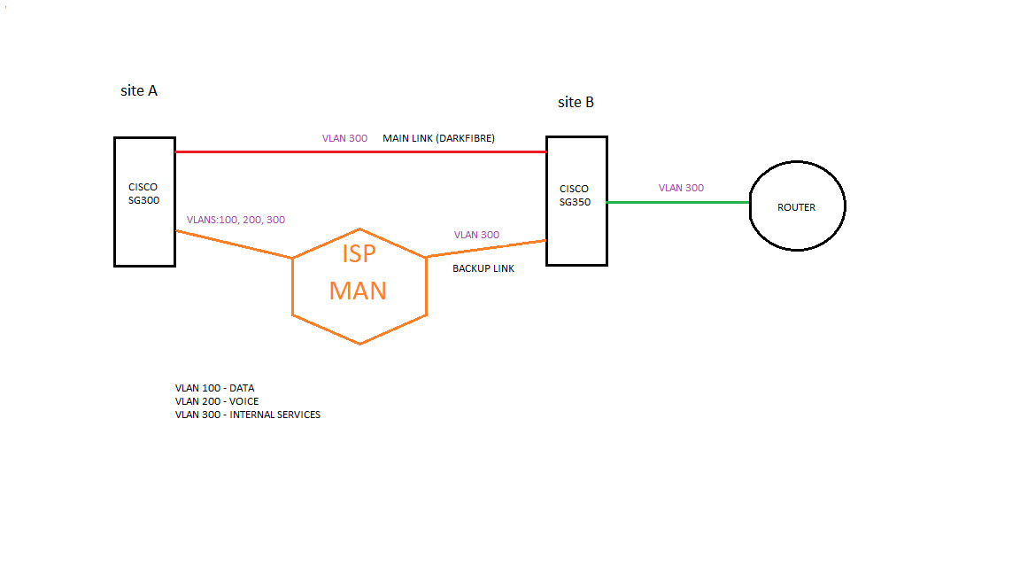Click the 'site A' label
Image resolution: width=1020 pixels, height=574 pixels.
(x=139, y=90)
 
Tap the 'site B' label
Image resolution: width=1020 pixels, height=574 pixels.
(x=576, y=102)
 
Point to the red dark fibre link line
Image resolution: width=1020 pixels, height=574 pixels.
(x=266, y=151)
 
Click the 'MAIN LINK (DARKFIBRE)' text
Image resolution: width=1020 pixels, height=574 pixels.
(x=438, y=138)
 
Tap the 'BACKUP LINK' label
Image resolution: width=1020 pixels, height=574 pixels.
(x=483, y=268)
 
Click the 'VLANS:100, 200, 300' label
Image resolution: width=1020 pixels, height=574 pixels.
(x=236, y=220)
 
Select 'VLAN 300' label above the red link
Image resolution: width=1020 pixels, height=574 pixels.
(x=344, y=138)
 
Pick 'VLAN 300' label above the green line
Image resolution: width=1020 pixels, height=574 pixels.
(x=681, y=188)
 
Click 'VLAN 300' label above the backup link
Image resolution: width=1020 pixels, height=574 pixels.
(x=476, y=235)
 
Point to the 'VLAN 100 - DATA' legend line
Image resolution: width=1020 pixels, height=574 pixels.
(x=214, y=388)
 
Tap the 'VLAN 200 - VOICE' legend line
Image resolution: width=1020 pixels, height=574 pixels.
(x=217, y=401)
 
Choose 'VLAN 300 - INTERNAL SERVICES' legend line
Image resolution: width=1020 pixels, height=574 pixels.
(x=248, y=415)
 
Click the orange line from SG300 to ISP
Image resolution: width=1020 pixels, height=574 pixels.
(x=234, y=244)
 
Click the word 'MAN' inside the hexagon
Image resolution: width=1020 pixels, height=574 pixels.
(x=358, y=290)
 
